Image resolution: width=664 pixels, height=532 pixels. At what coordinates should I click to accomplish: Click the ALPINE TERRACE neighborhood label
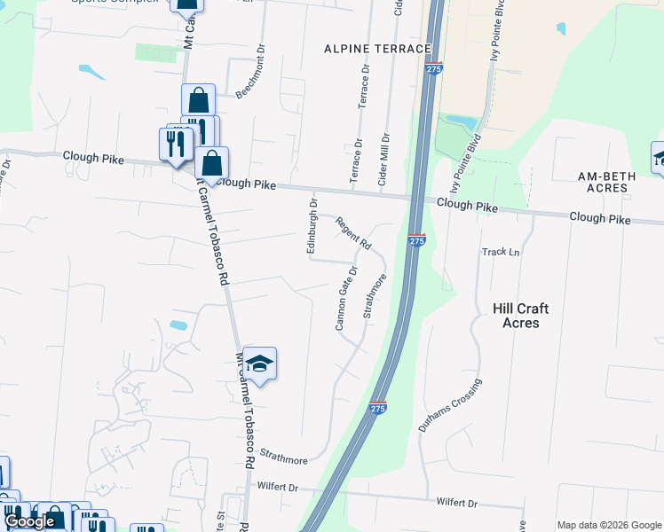tap(377, 48)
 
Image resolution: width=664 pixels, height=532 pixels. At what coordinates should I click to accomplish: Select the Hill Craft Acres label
tap(520, 316)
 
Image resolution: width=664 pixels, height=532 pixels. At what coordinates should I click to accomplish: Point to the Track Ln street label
tap(501, 252)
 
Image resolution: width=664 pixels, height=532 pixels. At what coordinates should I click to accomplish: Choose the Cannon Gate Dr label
tap(346, 298)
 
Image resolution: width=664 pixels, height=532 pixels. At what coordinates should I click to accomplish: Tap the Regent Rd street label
tap(352, 233)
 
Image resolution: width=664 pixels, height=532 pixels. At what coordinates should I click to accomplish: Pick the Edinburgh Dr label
tap(312, 227)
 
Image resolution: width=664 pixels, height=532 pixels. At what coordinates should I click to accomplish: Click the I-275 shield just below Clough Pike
tap(417, 240)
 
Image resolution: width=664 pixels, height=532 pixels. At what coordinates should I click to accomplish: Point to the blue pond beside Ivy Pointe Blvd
tap(461, 120)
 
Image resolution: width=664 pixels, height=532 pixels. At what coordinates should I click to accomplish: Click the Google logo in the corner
tap(29, 521)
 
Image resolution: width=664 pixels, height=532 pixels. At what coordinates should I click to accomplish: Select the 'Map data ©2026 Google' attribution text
tap(609, 525)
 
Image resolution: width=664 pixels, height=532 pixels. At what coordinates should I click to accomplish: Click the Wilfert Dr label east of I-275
tap(456, 503)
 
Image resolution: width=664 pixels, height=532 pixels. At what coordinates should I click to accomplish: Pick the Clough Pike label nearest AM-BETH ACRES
tap(599, 217)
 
